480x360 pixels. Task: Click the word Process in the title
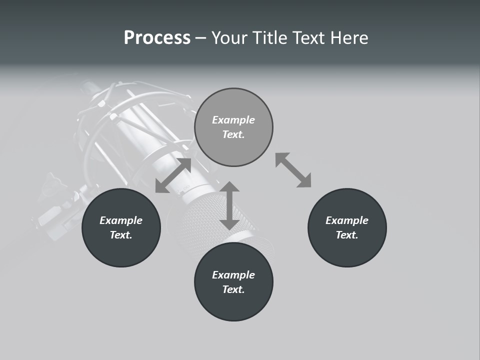click(x=157, y=38)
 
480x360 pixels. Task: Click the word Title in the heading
click(x=270, y=38)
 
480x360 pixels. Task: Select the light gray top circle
click(x=233, y=127)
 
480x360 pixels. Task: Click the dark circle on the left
click(x=121, y=227)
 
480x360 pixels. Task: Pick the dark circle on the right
click(x=347, y=227)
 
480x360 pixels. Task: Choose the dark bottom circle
click(x=233, y=282)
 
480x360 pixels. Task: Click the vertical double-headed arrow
click(x=229, y=205)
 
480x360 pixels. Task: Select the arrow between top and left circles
click(x=173, y=175)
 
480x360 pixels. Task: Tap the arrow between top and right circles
click(x=293, y=170)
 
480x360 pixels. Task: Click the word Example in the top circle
click(x=233, y=120)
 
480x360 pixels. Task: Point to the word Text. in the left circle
click(x=121, y=235)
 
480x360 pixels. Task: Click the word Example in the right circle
click(x=347, y=220)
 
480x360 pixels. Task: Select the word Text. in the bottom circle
click(x=233, y=289)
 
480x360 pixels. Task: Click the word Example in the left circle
click(x=121, y=220)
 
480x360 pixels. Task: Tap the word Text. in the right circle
click(x=347, y=235)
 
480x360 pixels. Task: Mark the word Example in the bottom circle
click(x=233, y=275)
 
